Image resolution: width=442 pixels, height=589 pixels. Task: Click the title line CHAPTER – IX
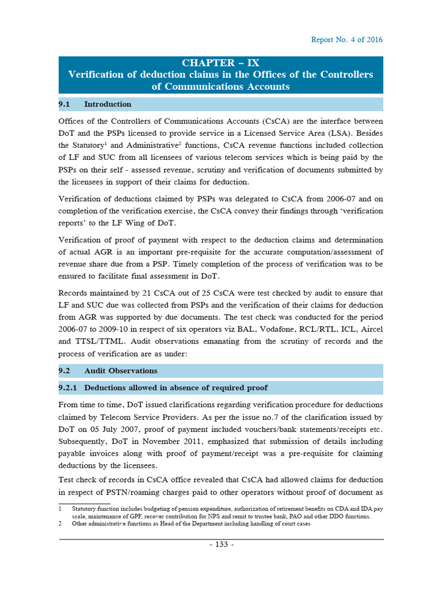tap(221, 63)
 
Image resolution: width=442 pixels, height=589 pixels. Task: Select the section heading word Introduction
tap(108, 104)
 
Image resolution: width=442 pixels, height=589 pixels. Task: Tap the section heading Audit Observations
tap(120, 370)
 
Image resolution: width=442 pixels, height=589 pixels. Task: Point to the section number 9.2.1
tap(71, 388)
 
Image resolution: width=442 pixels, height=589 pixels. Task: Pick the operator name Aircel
tap(370, 330)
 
